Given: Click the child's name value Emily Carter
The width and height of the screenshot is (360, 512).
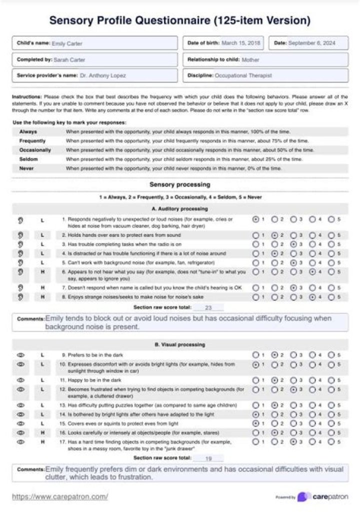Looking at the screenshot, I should pos(67,43).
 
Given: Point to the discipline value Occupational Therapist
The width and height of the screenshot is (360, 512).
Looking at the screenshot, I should pos(243,75).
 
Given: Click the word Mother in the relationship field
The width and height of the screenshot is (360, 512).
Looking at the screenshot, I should pos(250,59).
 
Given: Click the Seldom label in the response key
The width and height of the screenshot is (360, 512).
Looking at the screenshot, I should pos(29,159).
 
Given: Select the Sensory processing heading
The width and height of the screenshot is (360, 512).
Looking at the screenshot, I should pos(179,184).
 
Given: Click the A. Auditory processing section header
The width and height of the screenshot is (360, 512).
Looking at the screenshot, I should pos(179,208).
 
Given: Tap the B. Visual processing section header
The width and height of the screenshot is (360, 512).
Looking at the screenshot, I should pos(179,344).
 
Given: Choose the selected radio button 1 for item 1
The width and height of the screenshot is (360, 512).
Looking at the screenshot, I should pos(256,219).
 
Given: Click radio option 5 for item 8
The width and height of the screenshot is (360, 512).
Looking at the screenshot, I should pos(331,296).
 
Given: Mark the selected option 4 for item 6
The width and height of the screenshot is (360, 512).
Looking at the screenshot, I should pos(312,272).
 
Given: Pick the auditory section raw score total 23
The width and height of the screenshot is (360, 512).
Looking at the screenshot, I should pos(208,307).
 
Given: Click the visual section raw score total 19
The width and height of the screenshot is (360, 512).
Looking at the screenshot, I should pos(208,457).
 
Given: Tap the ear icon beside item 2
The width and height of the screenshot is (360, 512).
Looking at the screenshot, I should pos(20,235).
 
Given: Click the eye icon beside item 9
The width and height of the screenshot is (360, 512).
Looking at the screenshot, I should pos(20,354).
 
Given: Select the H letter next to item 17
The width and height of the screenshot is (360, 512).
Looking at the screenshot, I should pos(42,442).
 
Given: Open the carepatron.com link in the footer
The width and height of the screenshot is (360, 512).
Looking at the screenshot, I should pos(59,497).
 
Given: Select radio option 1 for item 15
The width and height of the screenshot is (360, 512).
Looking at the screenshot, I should pos(256,423).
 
